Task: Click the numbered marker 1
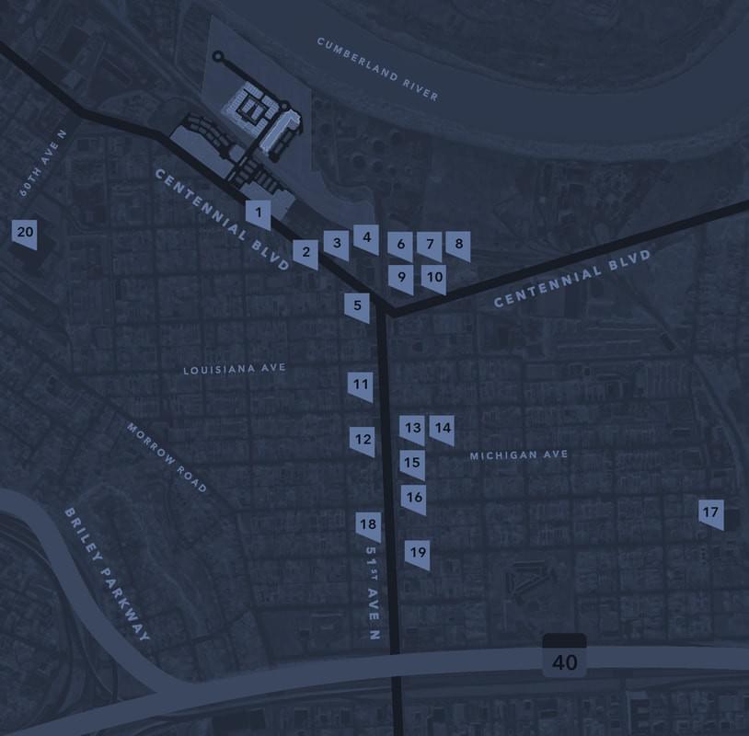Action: pyautogui.click(x=259, y=214)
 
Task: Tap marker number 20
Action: pyautogui.click(x=25, y=232)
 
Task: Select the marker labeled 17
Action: pyautogui.click(x=709, y=513)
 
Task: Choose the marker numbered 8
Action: pyautogui.click(x=458, y=245)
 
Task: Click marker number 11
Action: pyautogui.click(x=361, y=385)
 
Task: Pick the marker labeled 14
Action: pyautogui.click(x=443, y=428)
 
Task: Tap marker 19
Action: pyautogui.click(x=418, y=553)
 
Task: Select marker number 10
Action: pyautogui.click(x=434, y=276)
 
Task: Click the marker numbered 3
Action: pyautogui.click(x=337, y=243)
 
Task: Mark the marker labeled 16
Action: pyautogui.click(x=414, y=498)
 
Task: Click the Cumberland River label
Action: pyautogui.click(x=377, y=70)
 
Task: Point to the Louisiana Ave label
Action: pyautogui.click(x=235, y=368)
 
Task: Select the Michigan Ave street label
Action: pyautogui.click(x=518, y=455)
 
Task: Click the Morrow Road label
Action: pyautogui.click(x=167, y=458)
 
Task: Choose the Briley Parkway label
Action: pyautogui.click(x=107, y=573)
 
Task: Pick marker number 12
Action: pyautogui.click(x=363, y=440)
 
